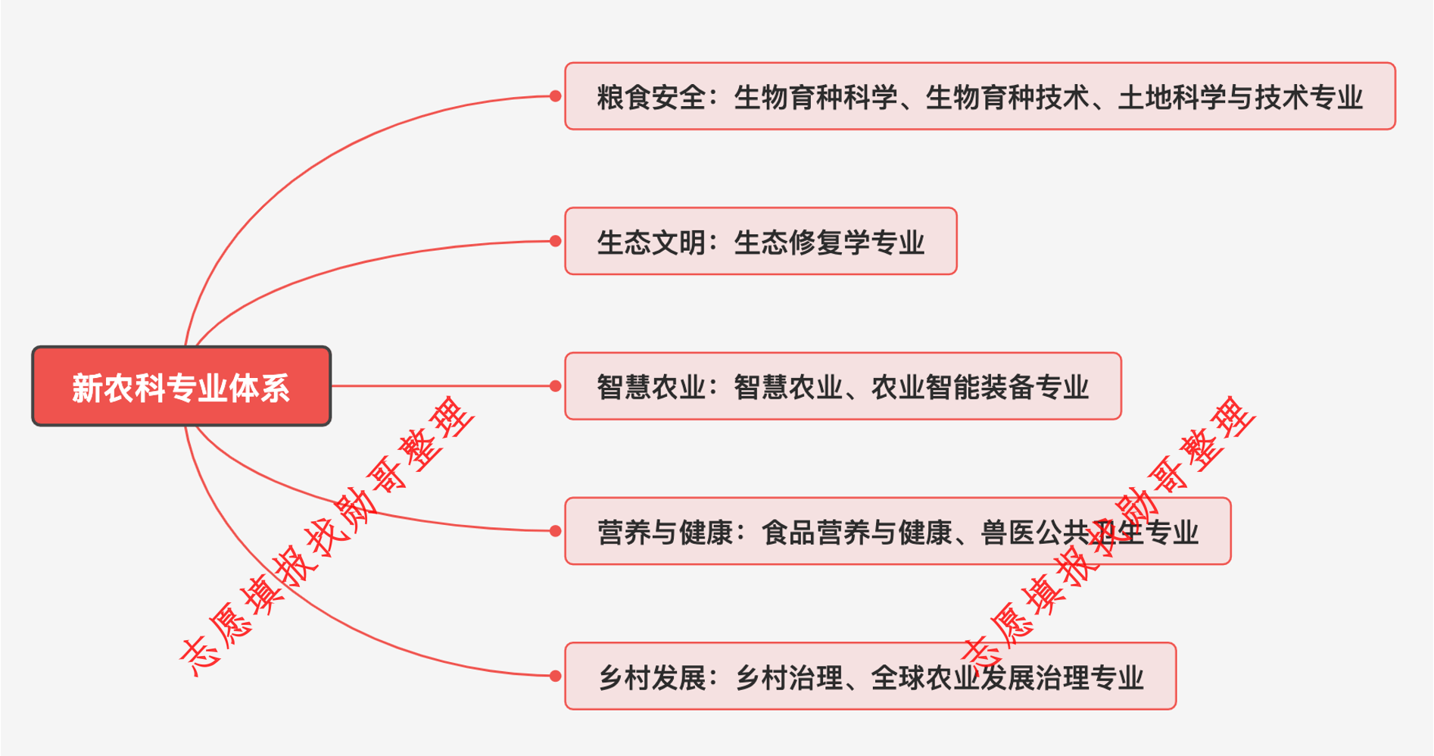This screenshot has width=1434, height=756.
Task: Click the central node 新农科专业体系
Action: click(x=182, y=386)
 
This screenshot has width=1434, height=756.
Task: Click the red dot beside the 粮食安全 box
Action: click(x=555, y=96)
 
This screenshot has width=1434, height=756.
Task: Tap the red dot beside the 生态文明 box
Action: click(x=555, y=241)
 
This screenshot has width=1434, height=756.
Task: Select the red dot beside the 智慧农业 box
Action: click(x=555, y=386)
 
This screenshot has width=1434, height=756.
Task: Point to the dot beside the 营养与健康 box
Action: click(x=555, y=531)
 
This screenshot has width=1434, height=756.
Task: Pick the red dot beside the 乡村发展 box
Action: click(x=555, y=676)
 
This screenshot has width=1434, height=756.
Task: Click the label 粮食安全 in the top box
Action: click(x=651, y=97)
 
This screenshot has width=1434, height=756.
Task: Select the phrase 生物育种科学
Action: click(x=815, y=97)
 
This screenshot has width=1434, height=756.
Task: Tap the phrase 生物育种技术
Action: click(x=1008, y=97)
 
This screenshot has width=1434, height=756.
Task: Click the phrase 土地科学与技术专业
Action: click(x=1240, y=97)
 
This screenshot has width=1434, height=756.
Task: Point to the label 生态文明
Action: click(x=651, y=242)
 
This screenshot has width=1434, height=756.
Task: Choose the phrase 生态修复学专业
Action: click(x=829, y=242)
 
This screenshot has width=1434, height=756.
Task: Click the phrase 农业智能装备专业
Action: click(x=980, y=387)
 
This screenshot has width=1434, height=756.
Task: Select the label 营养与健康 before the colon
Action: click(x=665, y=533)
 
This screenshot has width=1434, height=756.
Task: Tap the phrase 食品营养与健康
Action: click(x=856, y=533)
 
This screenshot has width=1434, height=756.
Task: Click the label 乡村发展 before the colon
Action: click(x=651, y=677)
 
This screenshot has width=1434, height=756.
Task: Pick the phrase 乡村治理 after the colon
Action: click(x=788, y=677)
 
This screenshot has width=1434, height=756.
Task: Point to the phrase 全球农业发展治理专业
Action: click(x=1007, y=677)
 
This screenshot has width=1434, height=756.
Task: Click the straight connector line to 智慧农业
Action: click(x=444, y=386)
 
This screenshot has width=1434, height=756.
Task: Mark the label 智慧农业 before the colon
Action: click(x=651, y=387)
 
